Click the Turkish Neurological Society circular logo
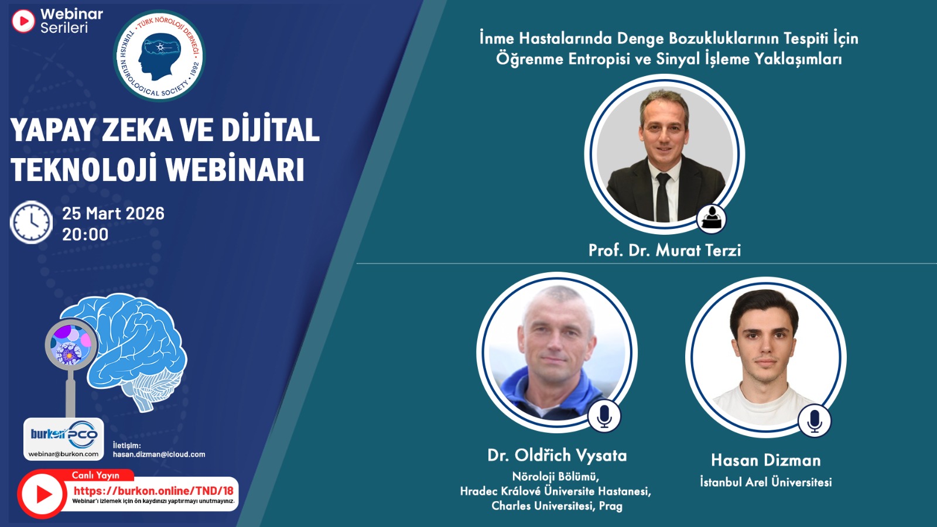[x=159, y=56]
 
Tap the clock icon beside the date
[x=31, y=222]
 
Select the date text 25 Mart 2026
[x=114, y=213]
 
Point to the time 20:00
[x=86, y=234]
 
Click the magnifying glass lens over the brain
[x=71, y=344]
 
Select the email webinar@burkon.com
[x=64, y=454]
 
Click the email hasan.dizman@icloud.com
[x=159, y=454]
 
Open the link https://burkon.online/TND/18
[x=153, y=491]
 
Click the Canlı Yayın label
[x=95, y=475]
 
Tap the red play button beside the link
[x=42, y=494]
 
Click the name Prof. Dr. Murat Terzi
[x=665, y=250]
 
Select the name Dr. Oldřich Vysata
[x=557, y=455]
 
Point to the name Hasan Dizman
[x=766, y=460]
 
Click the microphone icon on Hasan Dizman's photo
[x=814, y=421]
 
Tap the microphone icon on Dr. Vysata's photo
[x=604, y=416]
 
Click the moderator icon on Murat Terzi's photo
[x=712, y=219]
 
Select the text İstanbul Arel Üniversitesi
[x=766, y=482]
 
